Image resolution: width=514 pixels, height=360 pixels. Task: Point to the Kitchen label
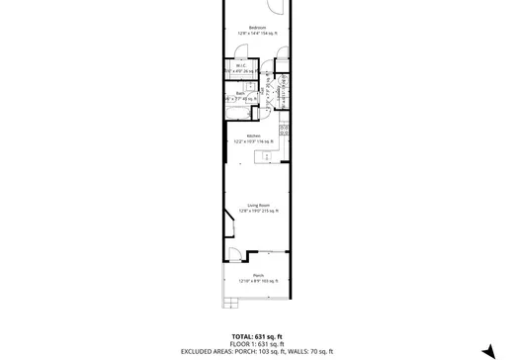[x=254, y=135]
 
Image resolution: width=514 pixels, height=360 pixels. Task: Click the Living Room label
[x=258, y=205]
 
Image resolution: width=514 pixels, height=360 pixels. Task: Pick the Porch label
[x=258, y=275]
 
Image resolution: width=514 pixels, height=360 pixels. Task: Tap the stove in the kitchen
[x=284, y=130]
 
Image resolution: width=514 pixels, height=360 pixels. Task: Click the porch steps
[x=221, y=287]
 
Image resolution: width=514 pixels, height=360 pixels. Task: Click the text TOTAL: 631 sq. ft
[x=257, y=336]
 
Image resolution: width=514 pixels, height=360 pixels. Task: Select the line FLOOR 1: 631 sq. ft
[x=257, y=344]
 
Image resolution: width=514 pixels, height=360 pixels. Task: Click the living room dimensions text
[x=259, y=211]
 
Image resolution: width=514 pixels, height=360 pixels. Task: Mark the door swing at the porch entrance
[x=237, y=256]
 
